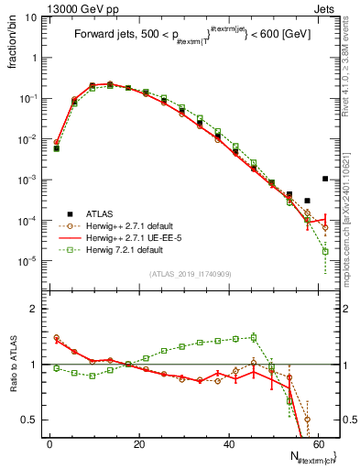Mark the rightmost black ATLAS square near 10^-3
point(325,179)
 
